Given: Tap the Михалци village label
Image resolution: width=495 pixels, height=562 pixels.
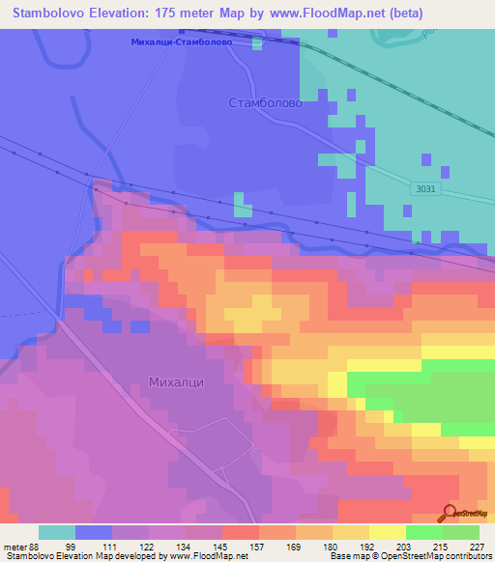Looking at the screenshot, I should tap(176, 381).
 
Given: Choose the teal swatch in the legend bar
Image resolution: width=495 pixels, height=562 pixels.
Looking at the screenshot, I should tap(57, 531).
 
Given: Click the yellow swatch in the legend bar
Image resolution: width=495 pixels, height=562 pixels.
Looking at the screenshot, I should tap(388, 531).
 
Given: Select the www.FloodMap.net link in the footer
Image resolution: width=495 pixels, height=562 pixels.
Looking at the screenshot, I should tap(207, 556).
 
